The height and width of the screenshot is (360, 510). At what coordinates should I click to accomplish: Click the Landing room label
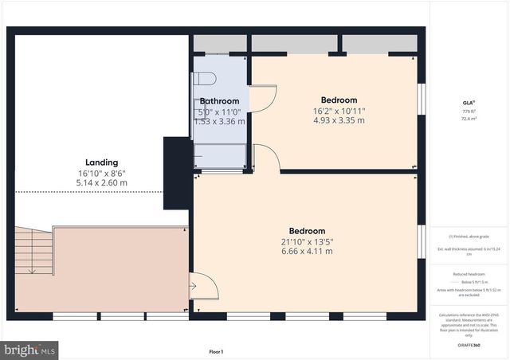(101, 162)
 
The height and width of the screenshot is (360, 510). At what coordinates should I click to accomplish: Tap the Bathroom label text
(219, 101)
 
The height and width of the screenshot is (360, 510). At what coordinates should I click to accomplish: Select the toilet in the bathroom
(206, 80)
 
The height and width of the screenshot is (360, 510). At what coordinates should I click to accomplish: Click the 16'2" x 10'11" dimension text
(339, 111)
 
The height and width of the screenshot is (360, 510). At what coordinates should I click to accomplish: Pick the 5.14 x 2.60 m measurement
(101, 182)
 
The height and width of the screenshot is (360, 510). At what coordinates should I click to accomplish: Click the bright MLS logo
(30, 350)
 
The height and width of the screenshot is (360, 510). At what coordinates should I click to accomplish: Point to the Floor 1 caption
(216, 351)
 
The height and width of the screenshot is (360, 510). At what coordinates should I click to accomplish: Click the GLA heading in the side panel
(469, 103)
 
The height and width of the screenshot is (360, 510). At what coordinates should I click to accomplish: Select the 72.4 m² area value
(469, 118)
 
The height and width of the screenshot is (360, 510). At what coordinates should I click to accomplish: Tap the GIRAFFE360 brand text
(469, 345)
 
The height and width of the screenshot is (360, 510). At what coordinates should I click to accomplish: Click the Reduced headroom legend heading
(469, 273)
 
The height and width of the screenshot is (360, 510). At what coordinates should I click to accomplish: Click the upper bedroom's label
(339, 100)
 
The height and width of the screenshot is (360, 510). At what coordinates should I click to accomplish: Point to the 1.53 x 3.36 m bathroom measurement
(221, 121)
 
